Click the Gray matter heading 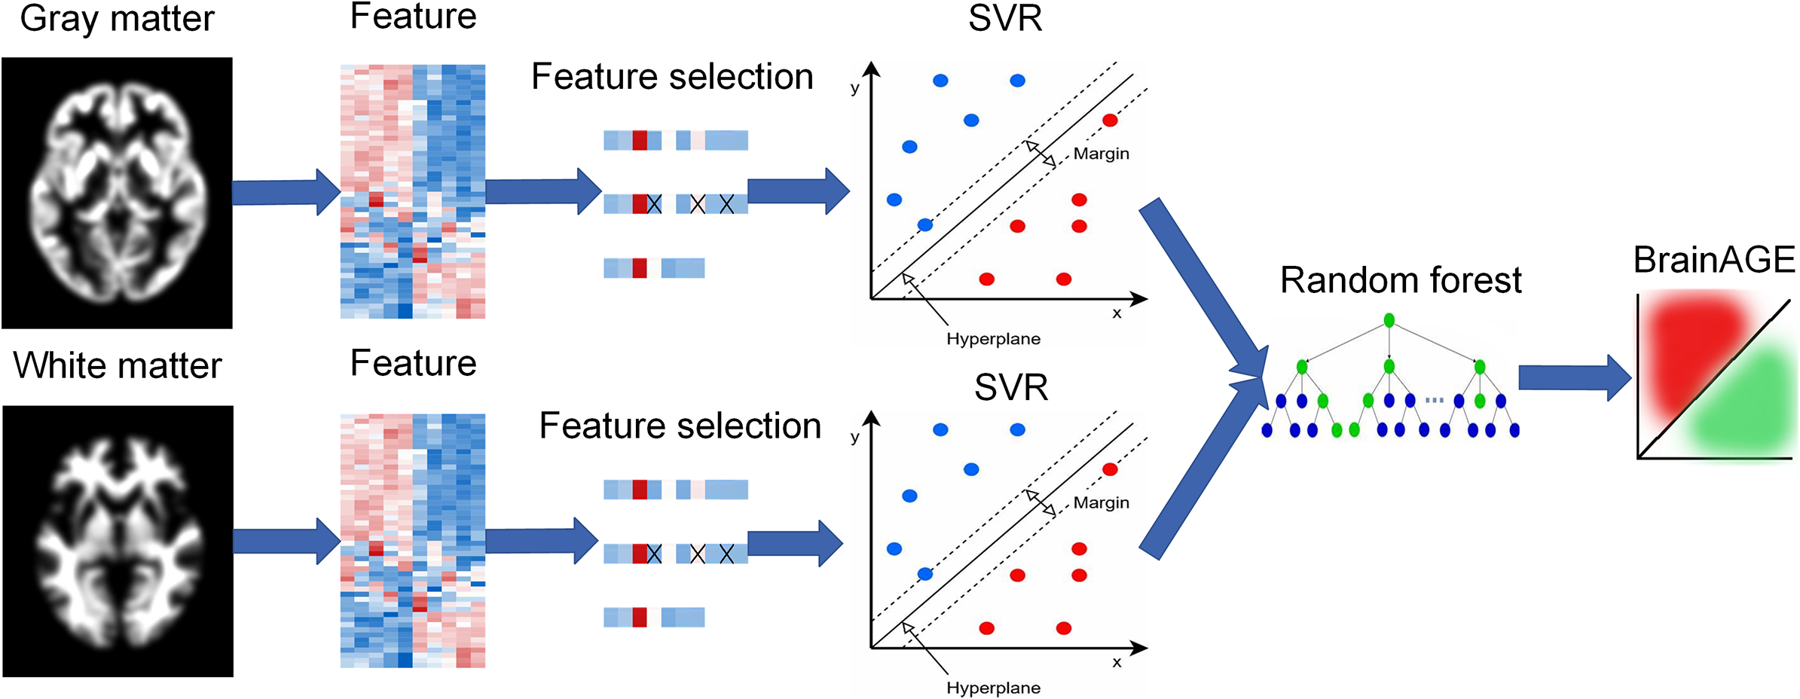[117, 19]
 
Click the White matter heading [118, 366]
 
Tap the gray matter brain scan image [117, 193]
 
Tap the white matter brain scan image [118, 541]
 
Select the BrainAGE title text [1714, 260]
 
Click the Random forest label [1401, 280]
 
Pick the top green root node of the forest [1389, 321]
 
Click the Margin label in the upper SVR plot [1101, 154]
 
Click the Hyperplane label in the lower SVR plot [993, 688]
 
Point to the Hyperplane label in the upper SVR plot [993, 339]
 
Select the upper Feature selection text [672, 77]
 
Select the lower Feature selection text [680, 426]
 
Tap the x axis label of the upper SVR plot [1117, 313]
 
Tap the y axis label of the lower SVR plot [854, 437]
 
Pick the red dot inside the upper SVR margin [1110, 120]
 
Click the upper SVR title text [1005, 19]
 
